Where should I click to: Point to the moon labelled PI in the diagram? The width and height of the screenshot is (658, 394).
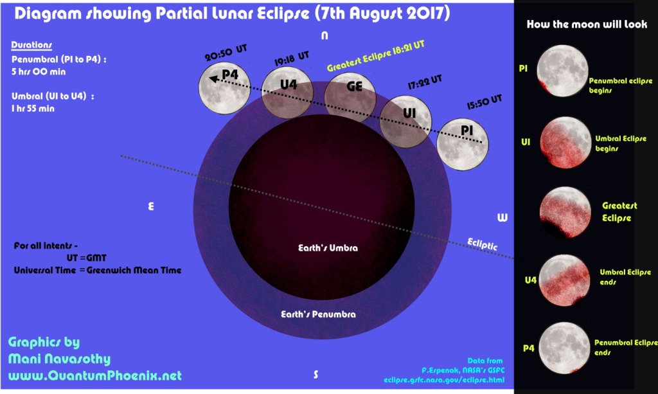click(463, 145)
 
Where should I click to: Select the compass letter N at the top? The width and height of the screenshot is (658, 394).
click(325, 36)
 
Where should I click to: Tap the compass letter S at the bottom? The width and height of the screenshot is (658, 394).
click(316, 375)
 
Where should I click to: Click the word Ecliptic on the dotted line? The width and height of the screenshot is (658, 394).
click(483, 242)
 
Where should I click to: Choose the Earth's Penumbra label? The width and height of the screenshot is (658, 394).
click(318, 314)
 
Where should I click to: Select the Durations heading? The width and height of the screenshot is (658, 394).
click(31, 46)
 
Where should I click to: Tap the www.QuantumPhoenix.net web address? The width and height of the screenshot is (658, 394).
click(95, 375)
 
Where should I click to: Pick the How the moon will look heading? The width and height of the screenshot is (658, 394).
click(587, 24)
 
